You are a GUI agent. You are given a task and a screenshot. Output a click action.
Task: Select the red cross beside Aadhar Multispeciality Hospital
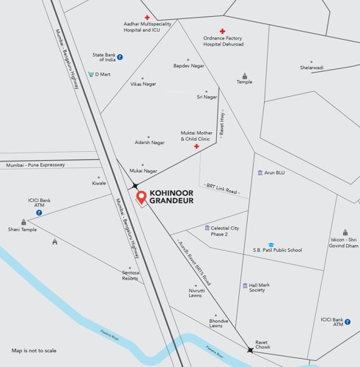(x=146, y=17)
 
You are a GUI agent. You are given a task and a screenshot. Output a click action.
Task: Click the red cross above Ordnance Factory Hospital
(x=221, y=32)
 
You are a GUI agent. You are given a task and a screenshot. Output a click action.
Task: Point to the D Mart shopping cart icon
(x=92, y=74)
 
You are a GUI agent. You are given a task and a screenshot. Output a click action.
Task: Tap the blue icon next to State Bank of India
(x=120, y=57)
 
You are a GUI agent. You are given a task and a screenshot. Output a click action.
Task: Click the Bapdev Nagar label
(x=188, y=66)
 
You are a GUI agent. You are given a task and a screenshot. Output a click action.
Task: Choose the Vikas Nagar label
(x=143, y=84)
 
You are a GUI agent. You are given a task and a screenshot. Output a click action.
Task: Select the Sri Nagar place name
(x=207, y=96)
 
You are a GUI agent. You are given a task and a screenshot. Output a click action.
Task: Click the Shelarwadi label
(x=311, y=68)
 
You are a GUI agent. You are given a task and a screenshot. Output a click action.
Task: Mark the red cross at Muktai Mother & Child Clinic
(x=196, y=147)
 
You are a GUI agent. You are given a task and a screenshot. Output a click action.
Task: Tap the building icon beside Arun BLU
(x=260, y=172)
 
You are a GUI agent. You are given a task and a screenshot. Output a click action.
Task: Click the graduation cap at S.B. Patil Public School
(x=271, y=244)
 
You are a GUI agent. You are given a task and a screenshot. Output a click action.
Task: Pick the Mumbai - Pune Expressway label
(x=35, y=164)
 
